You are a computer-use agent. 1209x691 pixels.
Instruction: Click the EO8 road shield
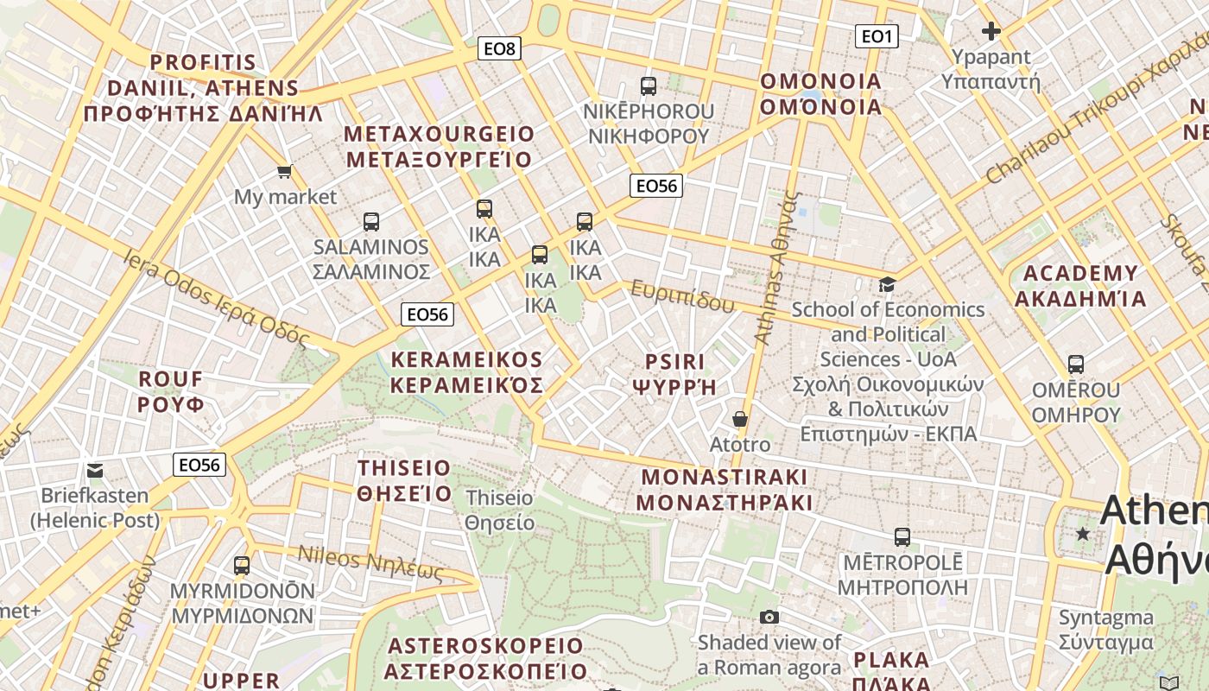tap(499, 49)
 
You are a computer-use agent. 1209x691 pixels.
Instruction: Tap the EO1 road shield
tap(877, 36)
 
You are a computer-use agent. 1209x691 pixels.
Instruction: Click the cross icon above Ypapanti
tap(991, 32)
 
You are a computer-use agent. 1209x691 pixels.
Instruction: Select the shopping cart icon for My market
tap(284, 172)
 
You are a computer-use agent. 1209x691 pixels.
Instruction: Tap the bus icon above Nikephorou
tap(649, 86)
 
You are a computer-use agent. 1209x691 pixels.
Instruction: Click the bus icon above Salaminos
tap(371, 222)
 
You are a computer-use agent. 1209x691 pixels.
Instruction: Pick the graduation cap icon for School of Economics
tap(887, 284)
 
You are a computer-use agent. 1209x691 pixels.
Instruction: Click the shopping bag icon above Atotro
tap(740, 419)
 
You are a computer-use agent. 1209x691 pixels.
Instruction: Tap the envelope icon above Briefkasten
tap(95, 471)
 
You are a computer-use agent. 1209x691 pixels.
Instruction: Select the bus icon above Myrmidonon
tap(242, 566)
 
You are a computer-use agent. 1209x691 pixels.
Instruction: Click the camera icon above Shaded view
tap(769, 617)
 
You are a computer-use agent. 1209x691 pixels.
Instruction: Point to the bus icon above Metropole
tap(902, 537)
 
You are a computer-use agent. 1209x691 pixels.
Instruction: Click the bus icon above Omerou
tap(1076, 365)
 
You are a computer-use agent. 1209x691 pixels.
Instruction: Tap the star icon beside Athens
tap(1083, 535)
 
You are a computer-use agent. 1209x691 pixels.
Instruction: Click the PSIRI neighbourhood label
tap(675, 374)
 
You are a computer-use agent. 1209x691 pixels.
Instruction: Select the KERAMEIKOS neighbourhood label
tap(467, 372)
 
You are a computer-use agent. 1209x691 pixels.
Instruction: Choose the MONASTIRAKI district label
tap(725, 490)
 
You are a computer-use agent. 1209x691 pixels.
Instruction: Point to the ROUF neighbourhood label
tap(171, 391)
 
